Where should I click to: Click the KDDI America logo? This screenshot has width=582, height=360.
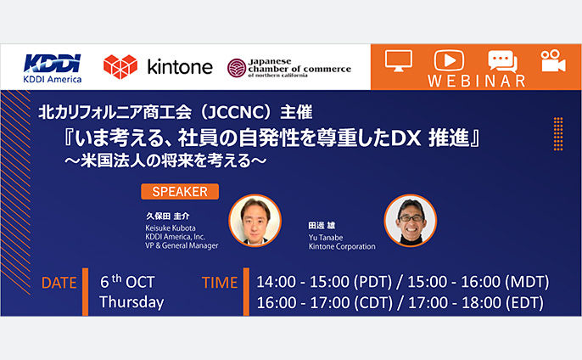[53, 69]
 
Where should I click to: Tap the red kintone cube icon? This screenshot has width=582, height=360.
[120, 67]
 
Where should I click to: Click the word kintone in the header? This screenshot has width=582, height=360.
[180, 67]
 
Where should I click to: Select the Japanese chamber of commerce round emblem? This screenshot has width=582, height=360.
[237, 68]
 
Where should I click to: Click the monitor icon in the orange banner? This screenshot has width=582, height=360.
[399, 60]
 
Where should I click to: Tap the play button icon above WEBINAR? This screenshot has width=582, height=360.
[449, 60]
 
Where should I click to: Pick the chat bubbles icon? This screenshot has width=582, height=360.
[502, 61]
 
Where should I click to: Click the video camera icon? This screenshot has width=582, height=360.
[553, 60]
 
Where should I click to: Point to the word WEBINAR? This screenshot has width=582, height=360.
[477, 81]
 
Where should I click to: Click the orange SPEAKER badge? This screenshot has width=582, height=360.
[180, 192]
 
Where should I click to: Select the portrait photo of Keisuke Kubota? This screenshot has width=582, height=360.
[255, 221]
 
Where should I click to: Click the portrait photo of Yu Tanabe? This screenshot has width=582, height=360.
[411, 221]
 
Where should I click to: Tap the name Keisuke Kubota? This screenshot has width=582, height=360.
[171, 228]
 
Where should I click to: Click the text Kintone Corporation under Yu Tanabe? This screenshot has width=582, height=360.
[342, 246]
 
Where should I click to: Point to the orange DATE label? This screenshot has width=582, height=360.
[59, 283]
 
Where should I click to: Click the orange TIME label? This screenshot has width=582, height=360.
[220, 283]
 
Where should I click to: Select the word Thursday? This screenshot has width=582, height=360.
[132, 302]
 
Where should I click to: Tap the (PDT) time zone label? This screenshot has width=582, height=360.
[372, 282]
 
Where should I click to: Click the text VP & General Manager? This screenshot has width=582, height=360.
[182, 245]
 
